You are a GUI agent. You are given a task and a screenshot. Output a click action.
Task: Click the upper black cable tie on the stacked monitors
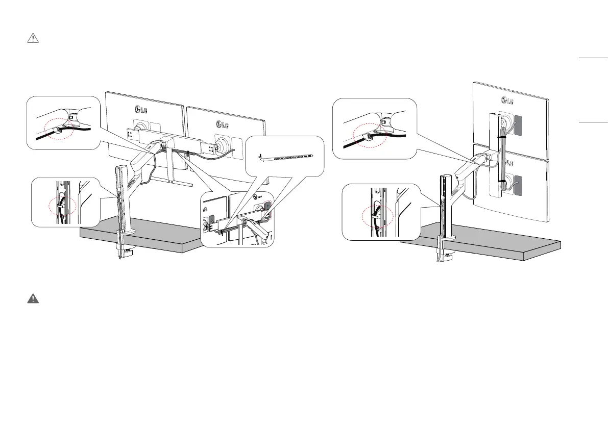(x=502, y=137)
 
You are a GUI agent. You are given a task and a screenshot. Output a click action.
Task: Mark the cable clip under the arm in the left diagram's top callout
(x=56, y=131)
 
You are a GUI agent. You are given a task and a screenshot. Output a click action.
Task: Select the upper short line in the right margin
(x=593, y=59)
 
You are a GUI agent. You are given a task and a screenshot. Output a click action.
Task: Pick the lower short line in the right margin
(x=593, y=122)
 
